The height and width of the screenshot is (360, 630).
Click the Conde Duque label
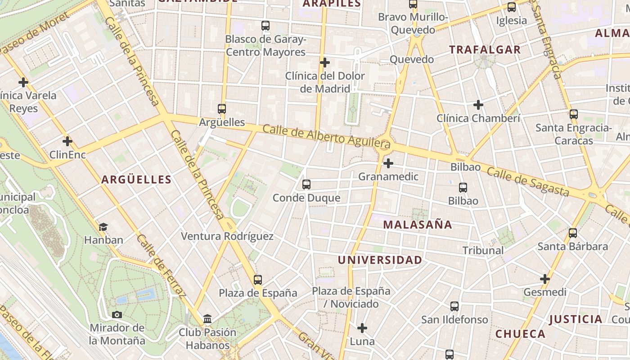pyautogui.click(x=306, y=198)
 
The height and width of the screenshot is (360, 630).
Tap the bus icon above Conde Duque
pyautogui.click(x=306, y=184)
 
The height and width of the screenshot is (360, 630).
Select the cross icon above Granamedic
pyautogui.click(x=388, y=163)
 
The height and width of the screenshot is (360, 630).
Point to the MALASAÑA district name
pyautogui.click(x=417, y=225)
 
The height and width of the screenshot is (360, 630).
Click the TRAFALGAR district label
pyautogui.click(x=485, y=49)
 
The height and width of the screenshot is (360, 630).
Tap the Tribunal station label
pyautogui.click(x=483, y=250)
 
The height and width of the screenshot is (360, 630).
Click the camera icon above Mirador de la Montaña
pyautogui.click(x=117, y=315)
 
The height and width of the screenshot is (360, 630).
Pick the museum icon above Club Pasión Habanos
pyautogui.click(x=207, y=319)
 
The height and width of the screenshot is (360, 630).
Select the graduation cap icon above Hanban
pyautogui.click(x=103, y=226)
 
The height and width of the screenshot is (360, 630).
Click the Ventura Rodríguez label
pyautogui.click(x=227, y=236)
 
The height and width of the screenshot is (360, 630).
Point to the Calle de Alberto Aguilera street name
pyautogui.click(x=326, y=137)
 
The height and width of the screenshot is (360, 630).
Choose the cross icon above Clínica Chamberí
pyautogui.click(x=478, y=105)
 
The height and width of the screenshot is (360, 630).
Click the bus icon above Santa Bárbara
pyautogui.click(x=573, y=233)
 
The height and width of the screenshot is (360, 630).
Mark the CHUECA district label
pyautogui.click(x=520, y=334)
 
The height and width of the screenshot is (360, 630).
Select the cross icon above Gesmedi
pyautogui.click(x=545, y=279)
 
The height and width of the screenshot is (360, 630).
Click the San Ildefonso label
pyautogui.click(x=454, y=319)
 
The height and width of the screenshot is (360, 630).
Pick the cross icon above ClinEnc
pyautogui.click(x=67, y=141)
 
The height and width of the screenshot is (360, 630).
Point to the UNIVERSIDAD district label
pyautogui.click(x=380, y=260)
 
